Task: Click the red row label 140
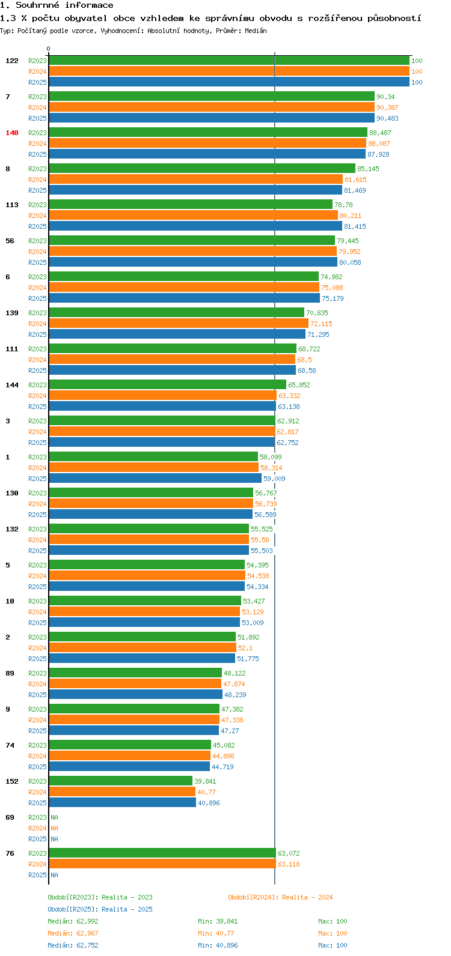pyautogui.click(x=12, y=133)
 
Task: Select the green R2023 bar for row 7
pyautogui.click(x=212, y=97)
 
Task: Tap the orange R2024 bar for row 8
pyautogui.click(x=195, y=180)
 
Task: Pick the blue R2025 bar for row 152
pyautogui.click(x=123, y=803)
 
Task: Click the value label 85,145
pyautogui.click(x=368, y=169)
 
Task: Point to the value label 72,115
pyautogui.click(x=321, y=324)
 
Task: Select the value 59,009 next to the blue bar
pyautogui.click(x=274, y=479)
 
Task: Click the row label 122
pyautogui.click(x=12, y=61)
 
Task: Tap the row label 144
pyautogui.click(x=12, y=385)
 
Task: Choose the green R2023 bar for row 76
pyautogui.click(x=162, y=853)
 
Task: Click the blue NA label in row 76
pyautogui.click(x=54, y=875)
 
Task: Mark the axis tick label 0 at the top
pyautogui.click(x=49, y=49)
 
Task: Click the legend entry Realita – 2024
pyautogui.click(x=280, y=897)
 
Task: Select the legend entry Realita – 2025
pyautogui.click(x=100, y=909)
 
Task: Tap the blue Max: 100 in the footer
pyautogui.click(x=333, y=945)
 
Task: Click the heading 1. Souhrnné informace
pyautogui.click(x=57, y=5)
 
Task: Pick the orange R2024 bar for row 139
pyautogui.click(x=179, y=324)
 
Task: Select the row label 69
pyautogui.click(x=10, y=817)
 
